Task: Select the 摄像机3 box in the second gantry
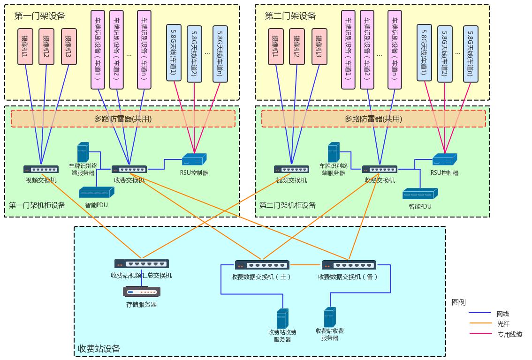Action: click(x=319, y=46)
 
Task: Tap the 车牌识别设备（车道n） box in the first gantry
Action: click(x=144, y=49)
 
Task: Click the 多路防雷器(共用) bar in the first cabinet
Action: click(x=123, y=119)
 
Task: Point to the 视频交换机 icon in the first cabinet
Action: click(x=41, y=169)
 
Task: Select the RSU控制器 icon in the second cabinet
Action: click(x=444, y=159)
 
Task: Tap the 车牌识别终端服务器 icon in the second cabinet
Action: click(x=334, y=153)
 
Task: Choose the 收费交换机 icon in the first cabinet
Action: click(x=129, y=169)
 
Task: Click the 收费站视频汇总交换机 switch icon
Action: click(x=142, y=263)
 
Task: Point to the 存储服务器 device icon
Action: click(x=142, y=292)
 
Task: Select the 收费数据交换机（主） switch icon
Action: click(x=262, y=265)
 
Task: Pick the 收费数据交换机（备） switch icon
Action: click(x=349, y=265)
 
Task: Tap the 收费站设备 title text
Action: click(x=99, y=348)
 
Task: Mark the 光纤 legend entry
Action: click(x=503, y=324)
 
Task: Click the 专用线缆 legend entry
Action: click(x=509, y=334)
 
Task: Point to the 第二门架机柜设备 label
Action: click(x=287, y=205)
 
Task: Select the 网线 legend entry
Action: click(x=503, y=314)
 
